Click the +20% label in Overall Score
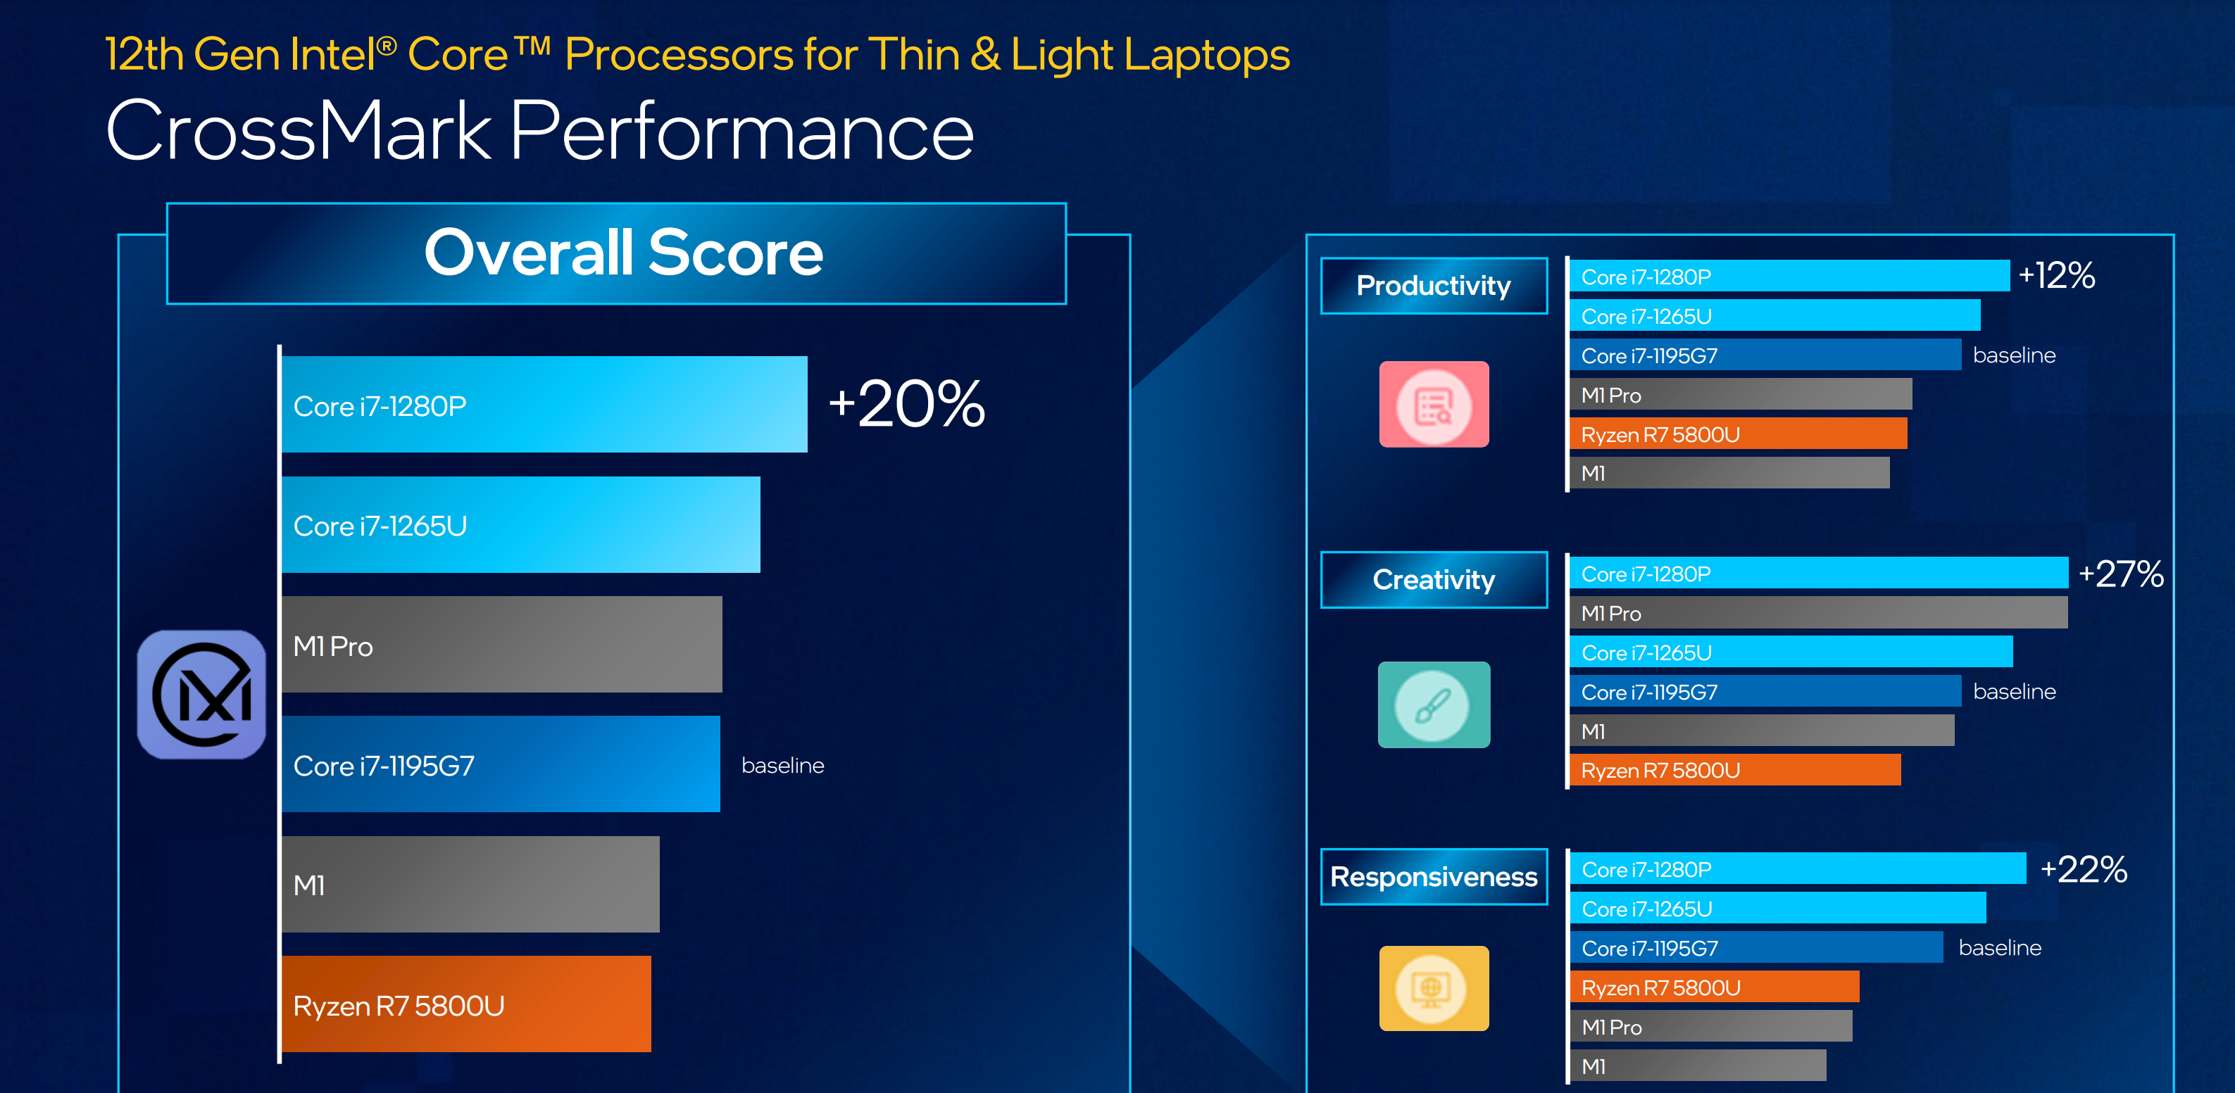(x=907, y=403)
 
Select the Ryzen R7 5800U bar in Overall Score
(x=466, y=1004)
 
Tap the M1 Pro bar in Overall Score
(x=501, y=644)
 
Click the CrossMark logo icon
(x=201, y=694)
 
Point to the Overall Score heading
(x=623, y=253)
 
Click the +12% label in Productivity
(x=2056, y=276)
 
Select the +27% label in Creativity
(x=2120, y=574)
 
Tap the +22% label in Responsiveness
(x=2083, y=869)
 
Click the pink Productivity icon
(x=1434, y=404)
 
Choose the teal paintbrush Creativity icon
(x=1434, y=705)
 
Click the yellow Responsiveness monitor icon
(x=1434, y=988)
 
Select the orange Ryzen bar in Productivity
(x=1738, y=434)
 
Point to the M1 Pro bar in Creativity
(x=1819, y=612)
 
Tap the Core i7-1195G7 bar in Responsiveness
(x=1756, y=947)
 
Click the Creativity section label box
(x=1434, y=579)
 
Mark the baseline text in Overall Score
(x=782, y=765)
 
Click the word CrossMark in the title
(x=299, y=131)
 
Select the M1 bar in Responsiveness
(x=1698, y=1066)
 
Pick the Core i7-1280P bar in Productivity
(x=1789, y=276)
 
